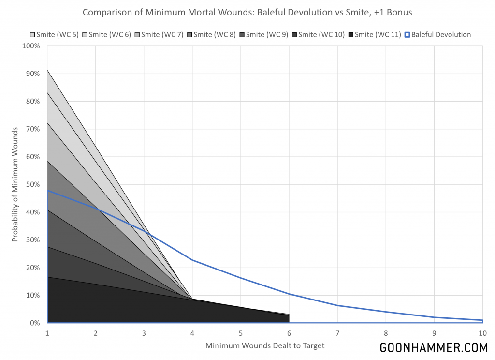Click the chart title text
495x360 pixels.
click(x=247, y=12)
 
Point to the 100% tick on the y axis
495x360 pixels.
click(x=32, y=46)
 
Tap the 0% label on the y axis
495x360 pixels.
click(x=36, y=323)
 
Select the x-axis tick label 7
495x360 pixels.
click(x=337, y=333)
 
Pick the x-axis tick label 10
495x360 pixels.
click(x=482, y=333)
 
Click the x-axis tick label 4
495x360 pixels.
click(x=192, y=333)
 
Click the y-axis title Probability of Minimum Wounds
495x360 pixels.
click(x=15, y=184)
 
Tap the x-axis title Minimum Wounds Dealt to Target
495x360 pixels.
click(x=265, y=345)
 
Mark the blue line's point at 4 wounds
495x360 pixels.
click(x=192, y=260)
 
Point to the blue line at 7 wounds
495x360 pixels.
click(x=337, y=305)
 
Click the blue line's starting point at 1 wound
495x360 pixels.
click(x=47, y=190)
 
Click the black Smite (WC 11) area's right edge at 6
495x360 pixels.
click(x=289, y=318)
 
